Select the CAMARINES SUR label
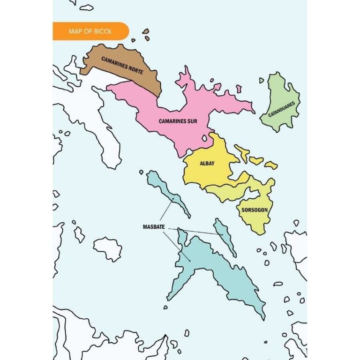178,121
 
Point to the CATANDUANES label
282,107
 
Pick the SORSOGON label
255,210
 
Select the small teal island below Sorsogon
224,237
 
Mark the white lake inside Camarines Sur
204,139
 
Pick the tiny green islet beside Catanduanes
262,80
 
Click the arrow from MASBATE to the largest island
177,246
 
